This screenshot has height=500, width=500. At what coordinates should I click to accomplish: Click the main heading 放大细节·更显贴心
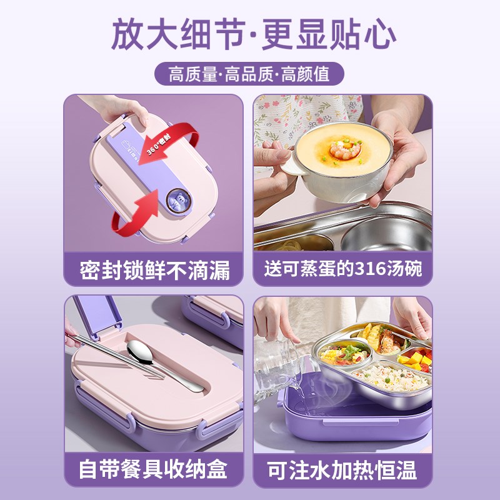254,34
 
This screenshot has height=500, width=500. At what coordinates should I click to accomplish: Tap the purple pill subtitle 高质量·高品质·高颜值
249,74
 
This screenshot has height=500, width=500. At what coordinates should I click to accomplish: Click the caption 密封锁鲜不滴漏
154,271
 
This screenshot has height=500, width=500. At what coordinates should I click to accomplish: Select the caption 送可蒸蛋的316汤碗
343,269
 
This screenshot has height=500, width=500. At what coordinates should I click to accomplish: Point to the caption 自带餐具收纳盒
153,469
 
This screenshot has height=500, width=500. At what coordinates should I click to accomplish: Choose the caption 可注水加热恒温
342,470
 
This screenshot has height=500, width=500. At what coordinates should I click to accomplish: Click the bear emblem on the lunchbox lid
179,201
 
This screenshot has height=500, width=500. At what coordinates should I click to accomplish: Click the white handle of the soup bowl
293,164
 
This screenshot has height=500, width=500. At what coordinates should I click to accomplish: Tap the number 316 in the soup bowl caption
370,269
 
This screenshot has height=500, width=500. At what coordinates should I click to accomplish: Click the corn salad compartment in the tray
344,353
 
